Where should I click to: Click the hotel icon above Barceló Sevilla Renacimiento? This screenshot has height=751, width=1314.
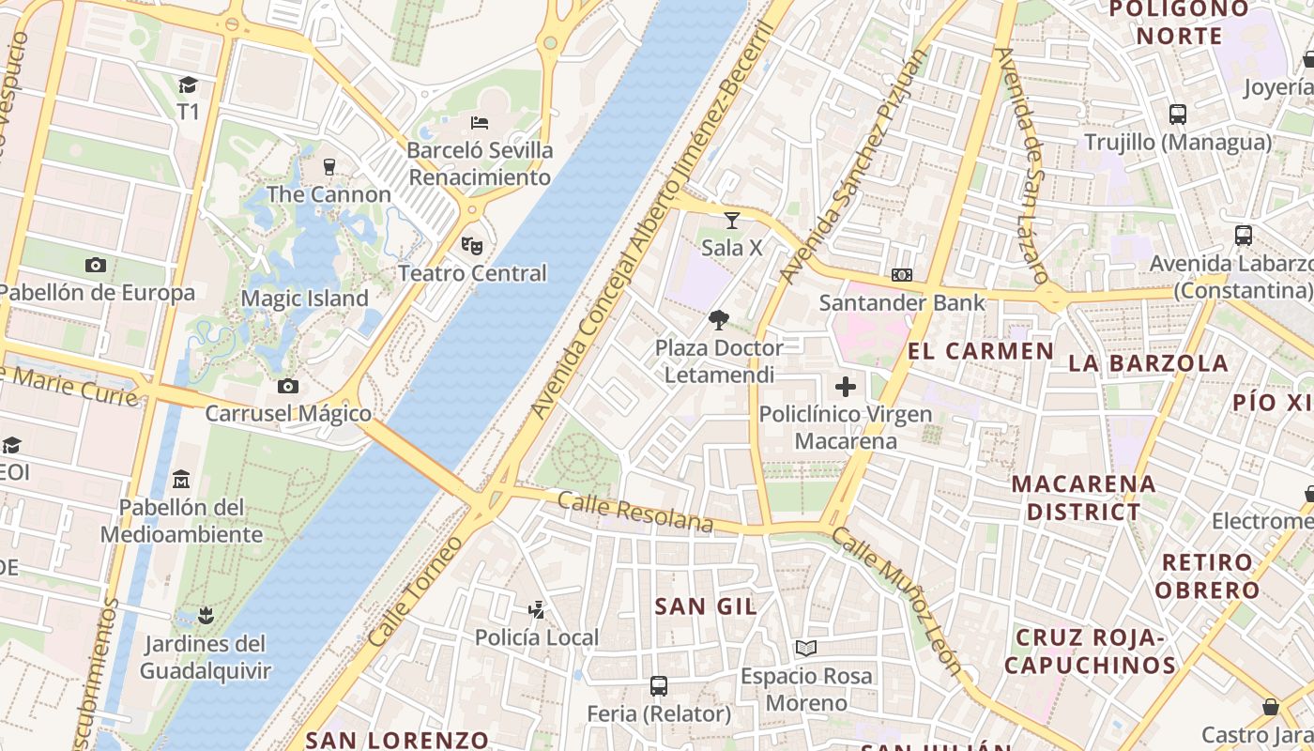pyautogui.click(x=480, y=123)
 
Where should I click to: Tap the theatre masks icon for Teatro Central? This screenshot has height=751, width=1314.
pyautogui.click(x=472, y=246)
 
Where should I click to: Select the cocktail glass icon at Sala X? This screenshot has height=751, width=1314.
pyautogui.click(x=732, y=221)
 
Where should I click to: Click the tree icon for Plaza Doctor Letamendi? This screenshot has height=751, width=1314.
pyautogui.click(x=719, y=320)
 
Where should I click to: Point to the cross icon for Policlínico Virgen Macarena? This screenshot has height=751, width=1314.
pyautogui.click(x=846, y=387)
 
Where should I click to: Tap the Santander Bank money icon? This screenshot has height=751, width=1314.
pyautogui.click(x=902, y=275)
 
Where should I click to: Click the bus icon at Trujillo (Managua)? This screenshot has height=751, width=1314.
pyautogui.click(x=1178, y=115)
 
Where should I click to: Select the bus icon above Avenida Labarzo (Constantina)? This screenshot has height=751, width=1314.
pyautogui.click(x=1244, y=236)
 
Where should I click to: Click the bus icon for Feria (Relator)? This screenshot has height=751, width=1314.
pyautogui.click(x=659, y=686)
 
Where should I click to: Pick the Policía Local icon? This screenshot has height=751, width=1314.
pyautogui.click(x=536, y=610)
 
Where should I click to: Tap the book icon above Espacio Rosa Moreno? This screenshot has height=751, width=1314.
pyautogui.click(x=806, y=648)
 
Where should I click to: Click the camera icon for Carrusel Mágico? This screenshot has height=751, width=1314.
pyautogui.click(x=288, y=386)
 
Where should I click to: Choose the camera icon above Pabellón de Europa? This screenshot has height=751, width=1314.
pyautogui.click(x=96, y=265)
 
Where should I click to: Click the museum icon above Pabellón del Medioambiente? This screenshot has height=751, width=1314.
pyautogui.click(x=181, y=480)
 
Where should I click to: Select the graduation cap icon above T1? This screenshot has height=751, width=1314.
pyautogui.click(x=189, y=84)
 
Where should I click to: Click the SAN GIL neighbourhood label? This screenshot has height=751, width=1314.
pyautogui.click(x=706, y=606)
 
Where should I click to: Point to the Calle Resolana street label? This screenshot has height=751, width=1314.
pyautogui.click(x=635, y=512)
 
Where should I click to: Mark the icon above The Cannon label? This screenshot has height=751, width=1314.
pyautogui.click(x=328, y=167)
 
